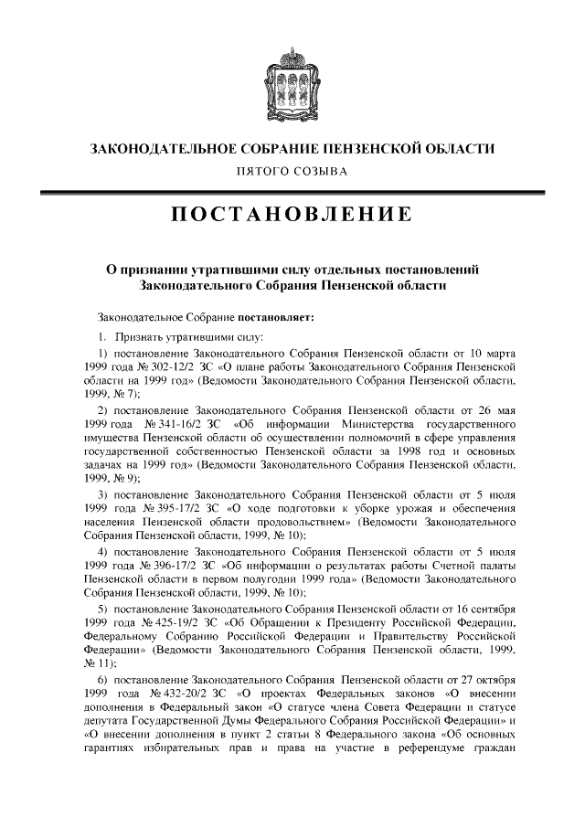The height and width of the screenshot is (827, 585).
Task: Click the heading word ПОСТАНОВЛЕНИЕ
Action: point(292,215)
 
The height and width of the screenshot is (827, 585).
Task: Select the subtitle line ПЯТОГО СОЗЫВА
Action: point(292,171)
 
